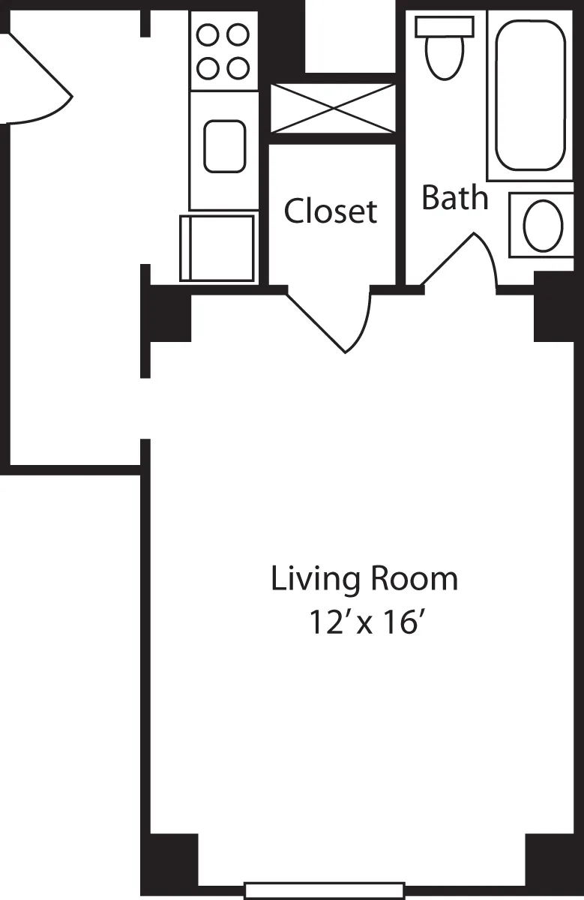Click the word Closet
[330, 211]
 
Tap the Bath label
[454, 197]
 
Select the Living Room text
[364, 580]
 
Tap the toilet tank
[444, 25]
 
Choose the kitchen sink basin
[224, 145]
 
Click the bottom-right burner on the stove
[238, 68]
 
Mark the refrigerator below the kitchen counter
[217, 248]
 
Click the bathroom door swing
[465, 262]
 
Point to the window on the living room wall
[324, 890]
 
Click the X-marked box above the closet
[332, 109]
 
